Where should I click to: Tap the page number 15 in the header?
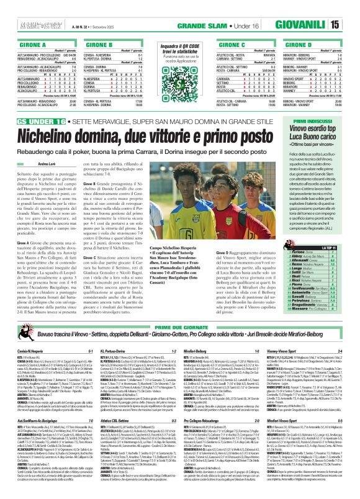click(x=351, y=7)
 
